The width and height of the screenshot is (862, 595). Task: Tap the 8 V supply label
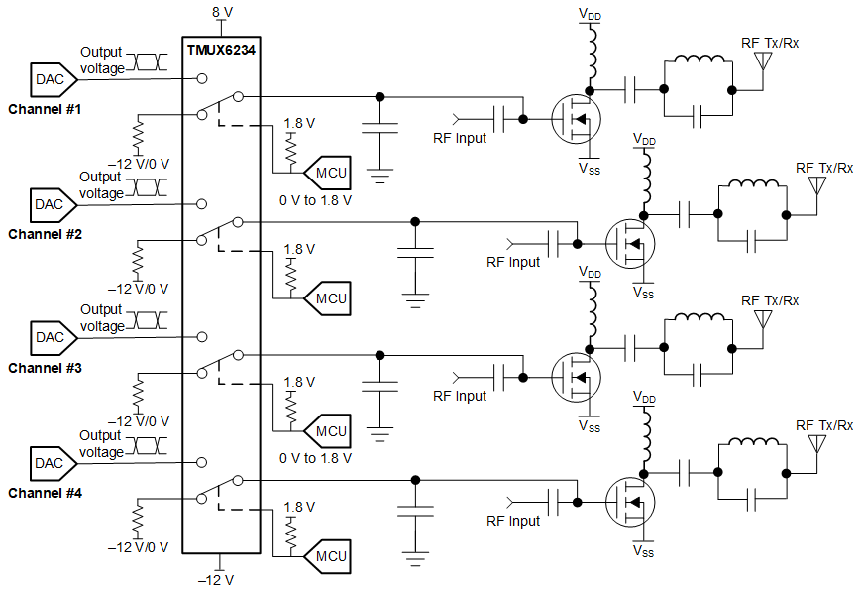coord(222,12)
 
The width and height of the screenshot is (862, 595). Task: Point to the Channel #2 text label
coord(46,234)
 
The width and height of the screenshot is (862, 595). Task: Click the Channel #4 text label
coord(46,492)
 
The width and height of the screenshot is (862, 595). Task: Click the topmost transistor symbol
coord(575,118)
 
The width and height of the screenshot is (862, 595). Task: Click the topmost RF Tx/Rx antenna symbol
coord(763,64)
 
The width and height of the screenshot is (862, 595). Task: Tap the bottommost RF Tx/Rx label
coord(824,424)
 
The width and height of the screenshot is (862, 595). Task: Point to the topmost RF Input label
coord(460,138)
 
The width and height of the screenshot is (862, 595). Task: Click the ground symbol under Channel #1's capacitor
coord(378,176)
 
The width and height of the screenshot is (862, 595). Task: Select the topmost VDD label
coord(590,14)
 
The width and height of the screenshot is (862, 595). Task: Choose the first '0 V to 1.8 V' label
coord(316,199)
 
